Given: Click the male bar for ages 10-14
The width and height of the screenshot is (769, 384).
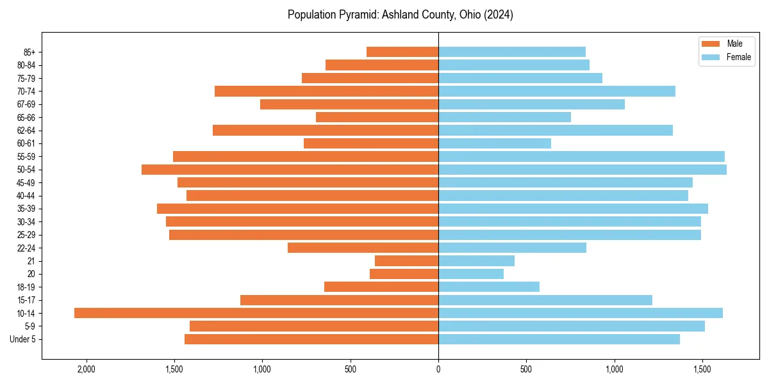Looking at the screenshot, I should pyautogui.click(x=256, y=313).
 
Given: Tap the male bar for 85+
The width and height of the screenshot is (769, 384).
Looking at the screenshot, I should pyautogui.click(x=402, y=52).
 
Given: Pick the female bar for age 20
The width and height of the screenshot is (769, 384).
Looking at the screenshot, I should pyautogui.click(x=470, y=274).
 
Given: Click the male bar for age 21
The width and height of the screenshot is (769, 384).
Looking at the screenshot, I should pyautogui.click(x=406, y=260).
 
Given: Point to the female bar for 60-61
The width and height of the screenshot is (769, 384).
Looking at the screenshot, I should pyautogui.click(x=494, y=143).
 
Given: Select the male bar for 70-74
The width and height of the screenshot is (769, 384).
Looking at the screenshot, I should pyautogui.click(x=326, y=91).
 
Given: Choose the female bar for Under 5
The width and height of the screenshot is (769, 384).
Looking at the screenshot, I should pyautogui.click(x=559, y=339).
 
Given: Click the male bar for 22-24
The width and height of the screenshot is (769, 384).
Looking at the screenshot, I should pyautogui.click(x=363, y=248).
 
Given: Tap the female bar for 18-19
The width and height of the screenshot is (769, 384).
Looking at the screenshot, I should pyautogui.click(x=488, y=287).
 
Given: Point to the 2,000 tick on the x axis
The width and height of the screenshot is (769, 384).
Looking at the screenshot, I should pyautogui.click(x=86, y=369).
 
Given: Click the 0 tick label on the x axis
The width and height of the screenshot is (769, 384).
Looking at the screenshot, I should pyautogui.click(x=438, y=369).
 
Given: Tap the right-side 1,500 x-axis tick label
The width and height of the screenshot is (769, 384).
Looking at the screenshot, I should pyautogui.click(x=702, y=369).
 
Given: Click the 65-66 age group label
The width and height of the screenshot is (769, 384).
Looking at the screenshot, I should pyautogui.click(x=26, y=117).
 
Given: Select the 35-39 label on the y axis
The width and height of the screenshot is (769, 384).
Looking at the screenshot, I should pyautogui.click(x=26, y=209).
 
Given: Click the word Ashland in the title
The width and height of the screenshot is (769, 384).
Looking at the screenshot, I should pyautogui.click(x=400, y=15).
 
